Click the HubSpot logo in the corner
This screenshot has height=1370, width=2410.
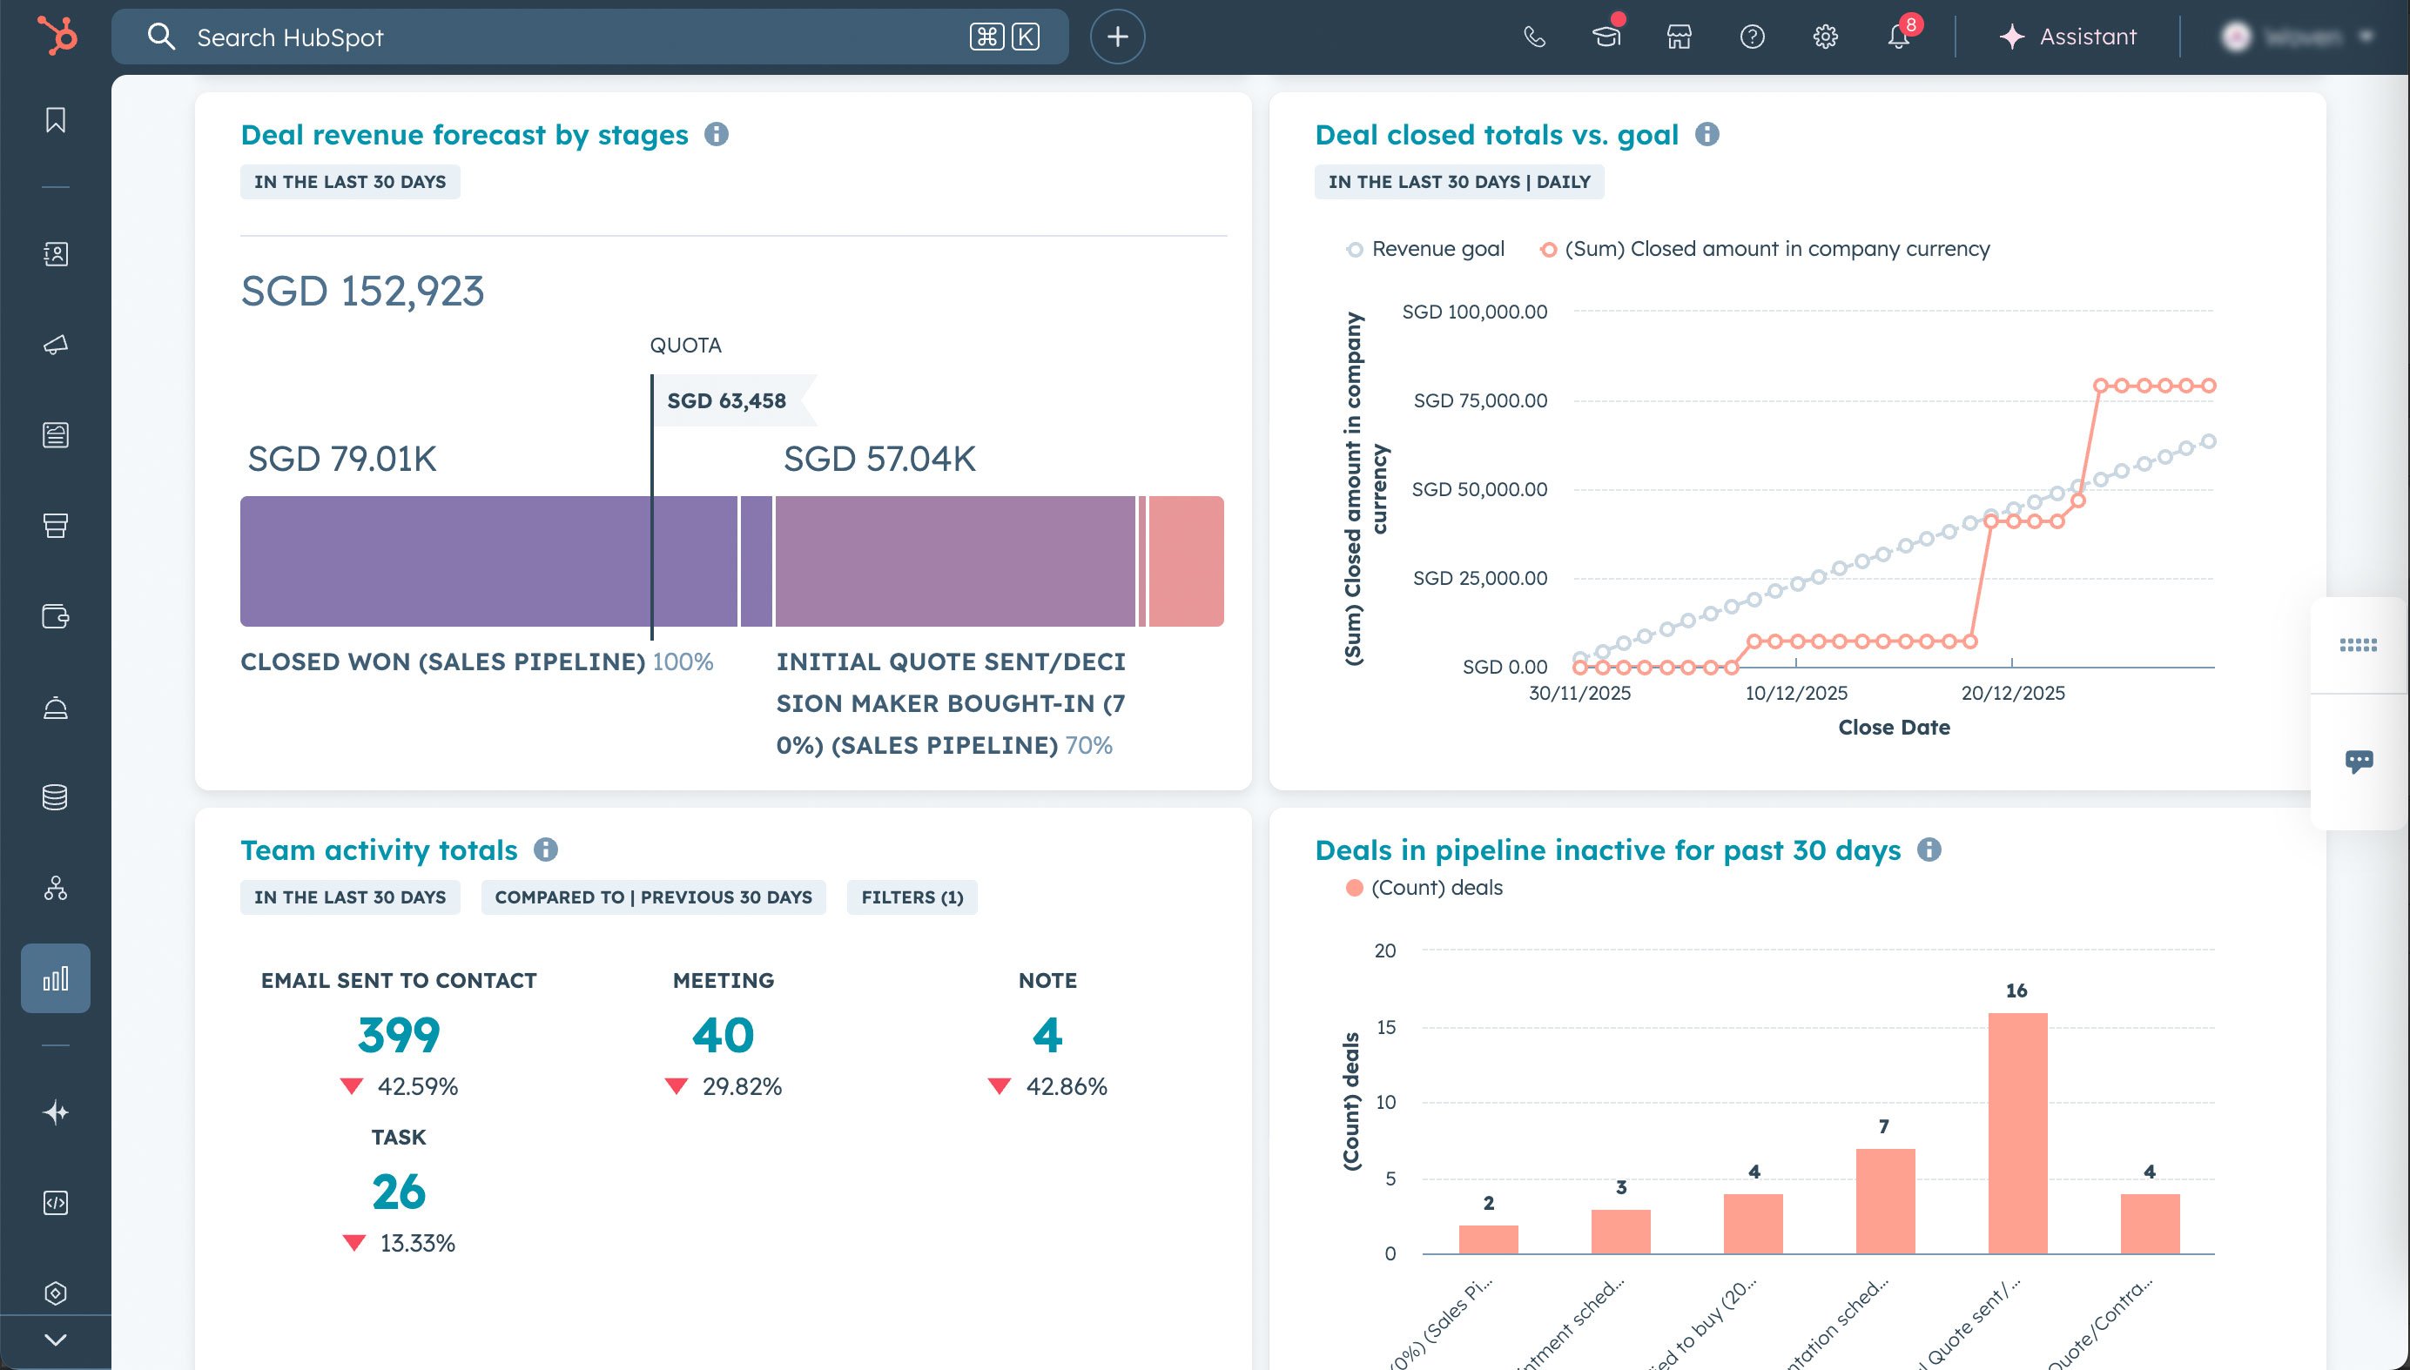[x=57, y=37]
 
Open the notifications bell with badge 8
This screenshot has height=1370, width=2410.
[x=1898, y=37]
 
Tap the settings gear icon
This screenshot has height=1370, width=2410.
[x=1825, y=37]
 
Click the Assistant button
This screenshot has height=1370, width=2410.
[x=2068, y=37]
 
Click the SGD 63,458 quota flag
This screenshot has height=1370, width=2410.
[x=726, y=401]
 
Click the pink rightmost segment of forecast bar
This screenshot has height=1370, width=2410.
[x=1186, y=561]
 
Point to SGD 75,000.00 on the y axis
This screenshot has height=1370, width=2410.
[x=1479, y=401]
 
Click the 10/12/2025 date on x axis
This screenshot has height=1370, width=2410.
[x=1795, y=694]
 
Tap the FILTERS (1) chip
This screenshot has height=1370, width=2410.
[x=911, y=897]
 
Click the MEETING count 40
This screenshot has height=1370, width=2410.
[x=723, y=1035]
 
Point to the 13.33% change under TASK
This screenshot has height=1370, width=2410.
[x=417, y=1243]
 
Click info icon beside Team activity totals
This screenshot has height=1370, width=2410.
[x=546, y=850]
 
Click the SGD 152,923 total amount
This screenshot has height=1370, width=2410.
[x=362, y=291]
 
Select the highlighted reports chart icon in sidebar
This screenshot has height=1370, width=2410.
[x=56, y=977]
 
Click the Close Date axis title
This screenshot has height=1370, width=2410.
[x=1894, y=728]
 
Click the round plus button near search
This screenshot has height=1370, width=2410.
[x=1117, y=37]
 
